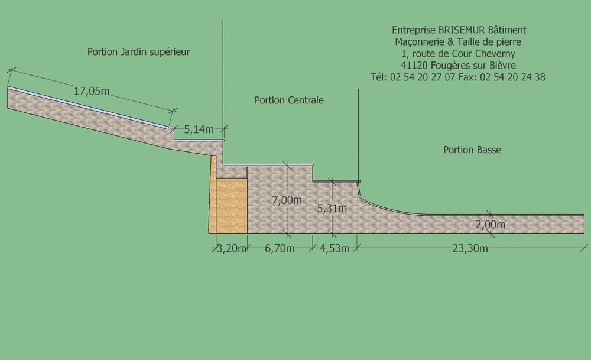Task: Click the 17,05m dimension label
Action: tap(92, 91)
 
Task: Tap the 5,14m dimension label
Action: tap(199, 129)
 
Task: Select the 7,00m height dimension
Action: tap(287, 200)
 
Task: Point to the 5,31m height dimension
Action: tap(332, 208)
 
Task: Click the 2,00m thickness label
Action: tap(491, 224)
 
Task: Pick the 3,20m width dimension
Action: tap(232, 248)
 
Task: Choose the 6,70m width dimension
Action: tap(280, 248)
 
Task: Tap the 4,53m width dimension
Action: tap(335, 248)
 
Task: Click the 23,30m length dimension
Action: tap(470, 248)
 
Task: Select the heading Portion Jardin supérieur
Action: tap(138, 51)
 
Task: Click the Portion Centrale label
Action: tap(289, 100)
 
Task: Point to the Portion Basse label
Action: tap(472, 150)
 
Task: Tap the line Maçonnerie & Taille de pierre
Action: tap(459, 42)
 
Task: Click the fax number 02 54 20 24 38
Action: tap(513, 77)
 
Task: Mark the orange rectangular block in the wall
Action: tap(232, 206)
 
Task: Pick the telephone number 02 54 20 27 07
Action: tap(423, 77)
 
